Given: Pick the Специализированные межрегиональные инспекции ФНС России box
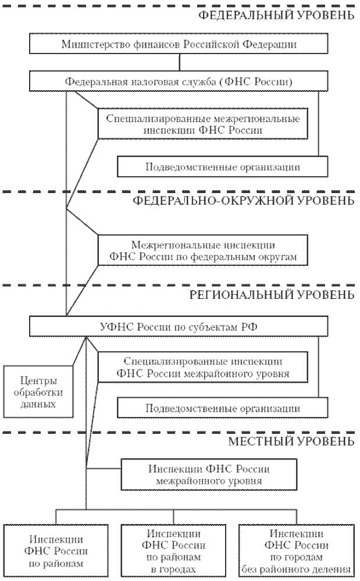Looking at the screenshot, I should point(203,124).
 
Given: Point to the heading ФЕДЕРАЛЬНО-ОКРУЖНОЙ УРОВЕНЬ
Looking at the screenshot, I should point(243,201).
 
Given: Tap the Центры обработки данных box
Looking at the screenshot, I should point(38,393).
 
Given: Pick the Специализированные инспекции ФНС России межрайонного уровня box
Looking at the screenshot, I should point(203,366).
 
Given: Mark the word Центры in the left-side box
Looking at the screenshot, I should point(38,382).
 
